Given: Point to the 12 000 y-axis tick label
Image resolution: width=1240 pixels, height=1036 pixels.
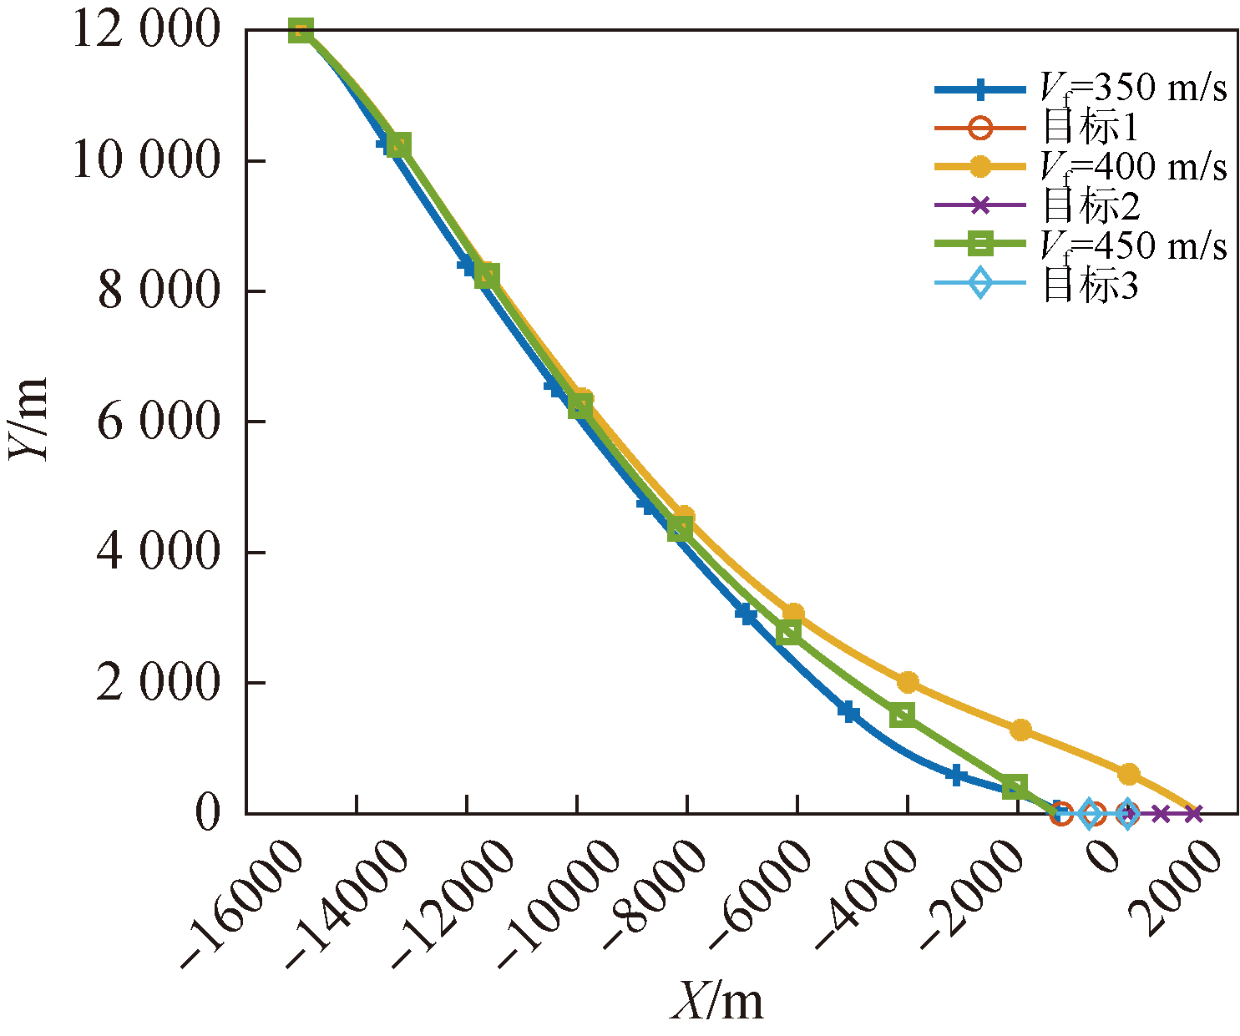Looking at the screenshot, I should pyautogui.click(x=145, y=31).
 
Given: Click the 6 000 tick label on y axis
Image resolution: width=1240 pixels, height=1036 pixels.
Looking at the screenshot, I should pyautogui.click(x=158, y=422).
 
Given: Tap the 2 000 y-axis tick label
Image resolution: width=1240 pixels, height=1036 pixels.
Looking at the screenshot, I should pyautogui.click(x=158, y=683).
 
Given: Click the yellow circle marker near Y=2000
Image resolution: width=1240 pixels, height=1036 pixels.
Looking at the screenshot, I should pyautogui.click(x=908, y=682).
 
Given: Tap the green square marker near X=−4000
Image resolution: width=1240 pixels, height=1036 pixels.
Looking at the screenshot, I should pyautogui.click(x=902, y=715).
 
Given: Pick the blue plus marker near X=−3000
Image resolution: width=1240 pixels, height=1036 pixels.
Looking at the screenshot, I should pyautogui.click(x=957, y=776).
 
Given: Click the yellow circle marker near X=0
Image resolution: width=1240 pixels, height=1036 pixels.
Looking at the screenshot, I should pyautogui.click(x=1128, y=774).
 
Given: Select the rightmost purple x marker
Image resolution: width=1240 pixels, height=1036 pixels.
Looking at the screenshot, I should pyautogui.click(x=1193, y=813).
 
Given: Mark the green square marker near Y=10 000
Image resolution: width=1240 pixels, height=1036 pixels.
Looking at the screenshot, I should pyautogui.click(x=399, y=145).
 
